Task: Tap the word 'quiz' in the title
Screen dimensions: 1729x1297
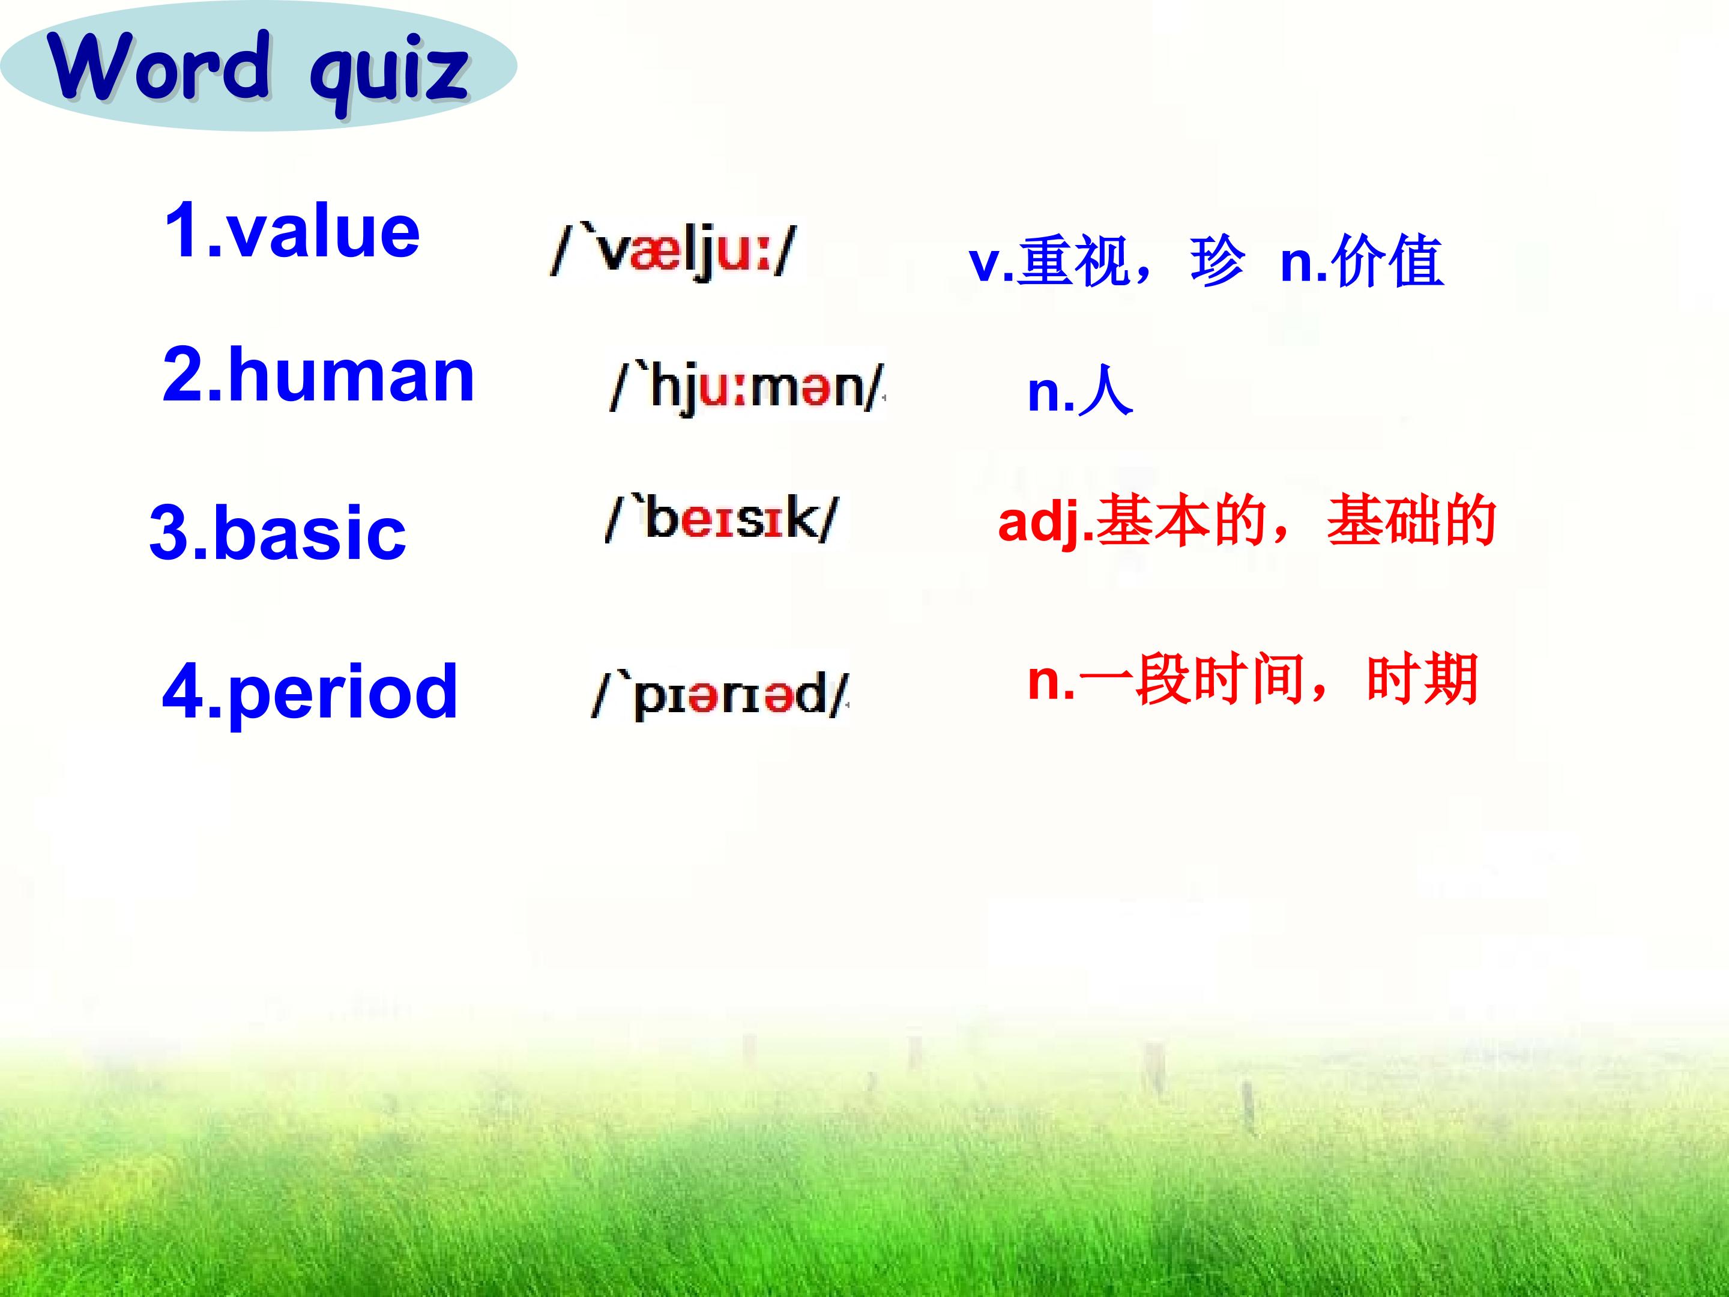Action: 389,75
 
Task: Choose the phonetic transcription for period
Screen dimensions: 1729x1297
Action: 720,694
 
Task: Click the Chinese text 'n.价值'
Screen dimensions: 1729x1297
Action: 1362,261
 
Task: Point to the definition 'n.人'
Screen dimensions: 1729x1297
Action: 1080,391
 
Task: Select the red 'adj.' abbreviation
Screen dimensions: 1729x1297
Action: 1046,522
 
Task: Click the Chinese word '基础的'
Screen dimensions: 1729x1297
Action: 1411,521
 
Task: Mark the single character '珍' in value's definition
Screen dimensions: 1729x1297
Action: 1217,261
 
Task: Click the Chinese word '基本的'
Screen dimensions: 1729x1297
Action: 1181,521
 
